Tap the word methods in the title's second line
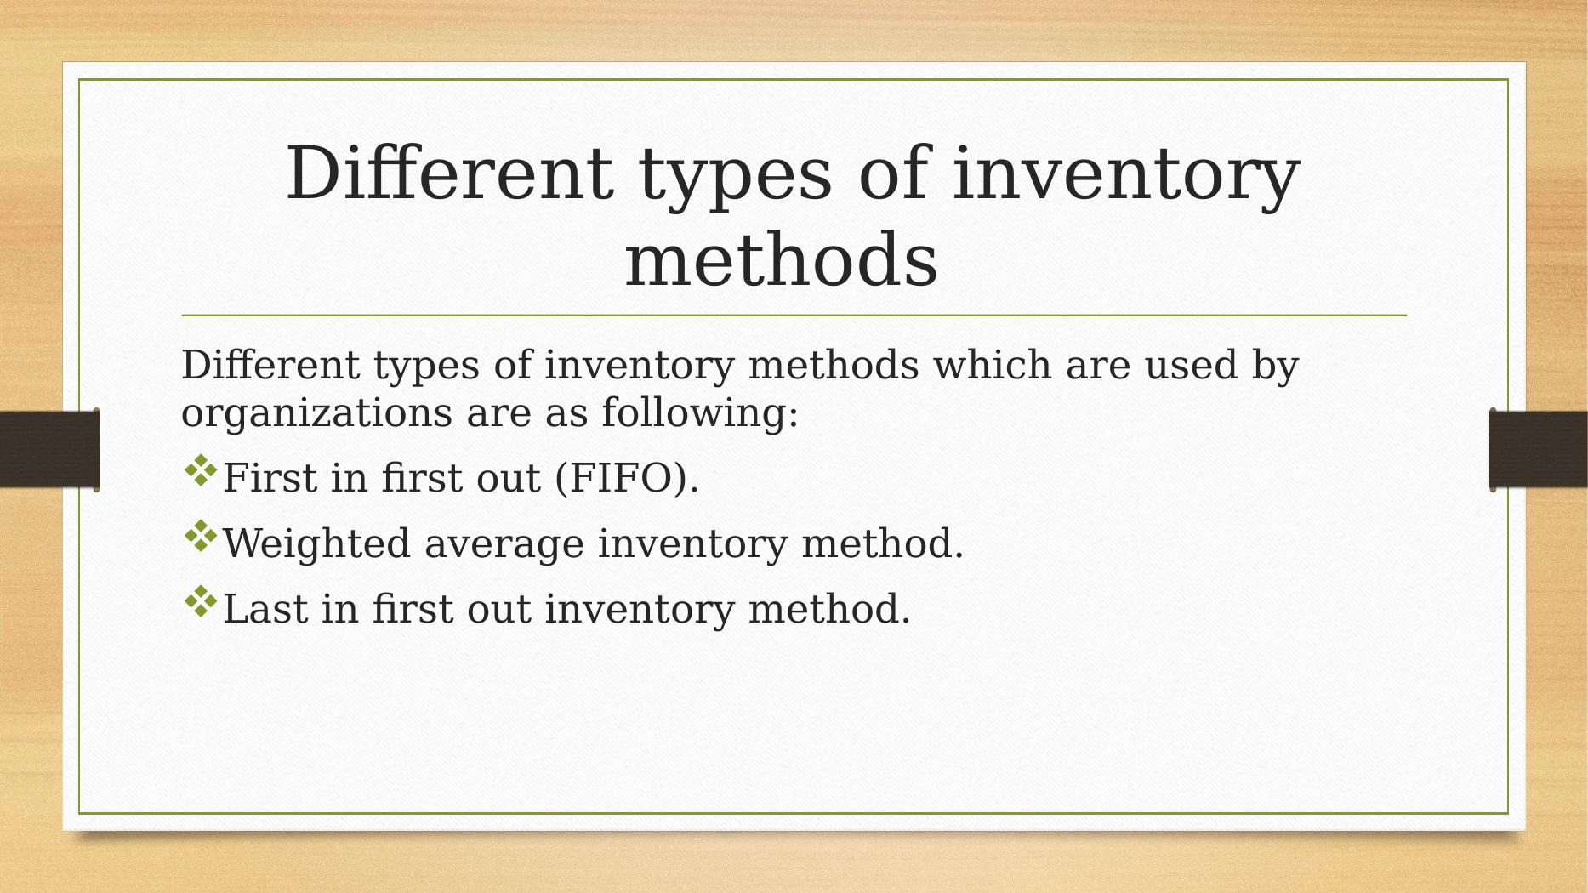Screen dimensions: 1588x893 [x=782, y=259]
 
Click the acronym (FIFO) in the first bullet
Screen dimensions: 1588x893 [x=627, y=478]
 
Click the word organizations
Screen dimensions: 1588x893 [x=317, y=414]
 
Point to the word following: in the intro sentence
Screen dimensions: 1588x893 [x=700, y=414]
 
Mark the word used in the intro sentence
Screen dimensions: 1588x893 [x=1191, y=365]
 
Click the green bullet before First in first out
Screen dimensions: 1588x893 [x=201, y=471]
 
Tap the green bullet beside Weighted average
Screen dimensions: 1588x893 [x=201, y=537]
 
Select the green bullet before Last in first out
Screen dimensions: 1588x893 [x=201, y=601]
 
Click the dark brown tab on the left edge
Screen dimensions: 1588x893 [x=49, y=450]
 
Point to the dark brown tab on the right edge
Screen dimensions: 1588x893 [x=1539, y=450]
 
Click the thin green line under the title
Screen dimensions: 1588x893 [x=794, y=316]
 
